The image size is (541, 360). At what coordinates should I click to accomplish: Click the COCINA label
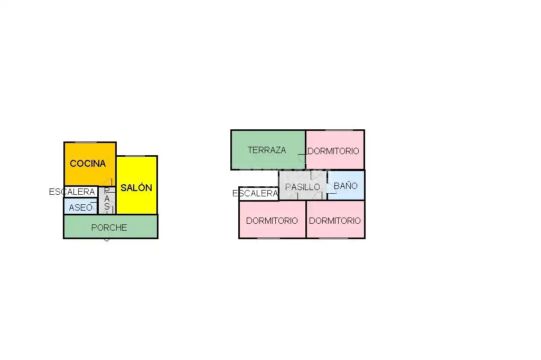[x=88, y=163]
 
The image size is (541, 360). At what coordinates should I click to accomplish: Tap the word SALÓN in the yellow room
[x=136, y=187]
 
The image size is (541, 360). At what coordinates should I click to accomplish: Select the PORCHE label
[x=109, y=228]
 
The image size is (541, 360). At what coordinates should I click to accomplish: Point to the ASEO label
[x=81, y=207]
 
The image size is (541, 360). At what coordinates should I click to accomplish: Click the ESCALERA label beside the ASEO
[x=72, y=192]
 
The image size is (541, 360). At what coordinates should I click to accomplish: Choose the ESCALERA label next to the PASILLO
[x=255, y=193]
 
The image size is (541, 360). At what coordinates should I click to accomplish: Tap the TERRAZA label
[x=267, y=150]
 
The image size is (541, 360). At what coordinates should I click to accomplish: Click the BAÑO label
[x=346, y=185]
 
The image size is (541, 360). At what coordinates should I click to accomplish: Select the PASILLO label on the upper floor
[x=303, y=187]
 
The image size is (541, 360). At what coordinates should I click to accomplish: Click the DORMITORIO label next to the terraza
[x=333, y=151]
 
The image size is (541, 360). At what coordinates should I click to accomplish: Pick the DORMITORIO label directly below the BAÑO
[x=334, y=221]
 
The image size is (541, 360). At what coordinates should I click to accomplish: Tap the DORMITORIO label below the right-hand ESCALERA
[x=272, y=221]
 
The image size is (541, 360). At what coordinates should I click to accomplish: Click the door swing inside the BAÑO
[x=332, y=188]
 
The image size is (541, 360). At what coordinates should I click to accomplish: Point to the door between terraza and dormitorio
[x=302, y=158]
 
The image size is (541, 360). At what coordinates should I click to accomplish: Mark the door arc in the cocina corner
[x=108, y=183]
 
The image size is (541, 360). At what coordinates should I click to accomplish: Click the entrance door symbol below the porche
[x=107, y=239]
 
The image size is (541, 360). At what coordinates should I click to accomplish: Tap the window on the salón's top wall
[x=135, y=156]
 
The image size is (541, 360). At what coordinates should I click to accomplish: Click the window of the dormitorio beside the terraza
[x=339, y=130]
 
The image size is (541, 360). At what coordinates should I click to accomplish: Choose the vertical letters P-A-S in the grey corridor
[x=107, y=199]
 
